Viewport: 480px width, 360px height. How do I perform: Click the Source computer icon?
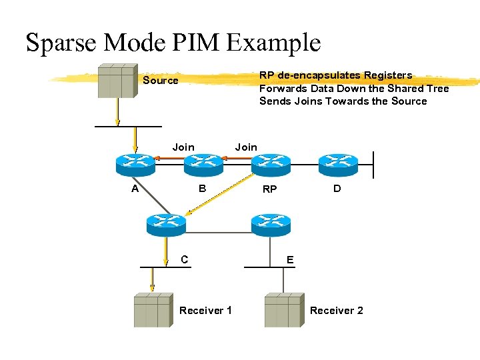pyautogui.click(x=118, y=81)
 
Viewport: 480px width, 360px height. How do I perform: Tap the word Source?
pyautogui.click(x=161, y=81)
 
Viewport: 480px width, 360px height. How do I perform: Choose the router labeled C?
pyautogui.click(x=165, y=224)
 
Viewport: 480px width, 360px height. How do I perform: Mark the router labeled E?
pyautogui.click(x=271, y=224)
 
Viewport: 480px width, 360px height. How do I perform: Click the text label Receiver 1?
pyautogui.click(x=205, y=311)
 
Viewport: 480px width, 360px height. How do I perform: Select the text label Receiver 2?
pyautogui.click(x=337, y=311)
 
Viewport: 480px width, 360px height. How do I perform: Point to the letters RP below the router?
pyautogui.click(x=269, y=189)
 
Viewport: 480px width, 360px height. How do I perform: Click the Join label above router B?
pyautogui.click(x=183, y=147)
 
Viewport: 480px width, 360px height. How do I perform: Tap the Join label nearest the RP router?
pyautogui.click(x=246, y=147)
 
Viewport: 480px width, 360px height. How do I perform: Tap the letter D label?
pyautogui.click(x=337, y=189)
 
